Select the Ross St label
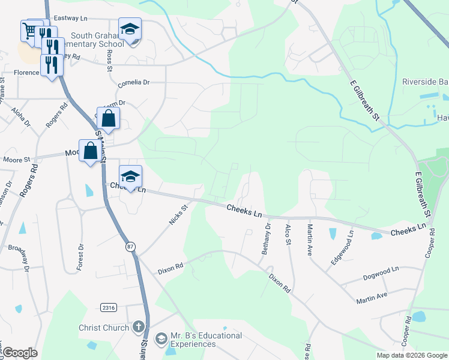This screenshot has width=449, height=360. (109, 59)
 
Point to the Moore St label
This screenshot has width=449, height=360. (16, 160)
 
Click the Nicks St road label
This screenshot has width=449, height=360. (178, 214)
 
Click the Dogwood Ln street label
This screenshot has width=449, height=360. (381, 274)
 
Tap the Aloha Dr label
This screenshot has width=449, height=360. (21, 115)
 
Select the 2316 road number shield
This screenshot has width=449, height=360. (109, 307)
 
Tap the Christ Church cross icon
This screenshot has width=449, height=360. (139, 328)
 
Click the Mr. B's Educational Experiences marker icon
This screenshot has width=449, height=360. (161, 340)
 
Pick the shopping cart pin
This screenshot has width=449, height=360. (29, 29)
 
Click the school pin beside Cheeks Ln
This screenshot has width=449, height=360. (130, 176)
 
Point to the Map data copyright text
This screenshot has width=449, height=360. (411, 355)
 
